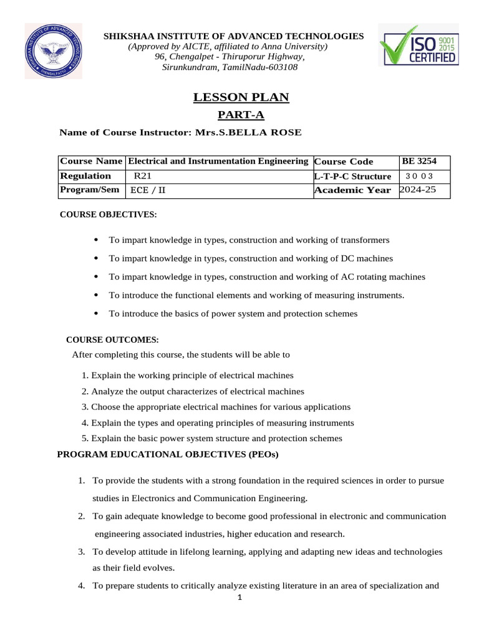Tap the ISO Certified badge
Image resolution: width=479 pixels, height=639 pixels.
point(419,49)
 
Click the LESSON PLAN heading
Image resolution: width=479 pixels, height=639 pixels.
point(241,97)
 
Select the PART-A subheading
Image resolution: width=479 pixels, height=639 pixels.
point(241,115)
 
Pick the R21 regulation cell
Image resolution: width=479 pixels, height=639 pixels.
point(143,176)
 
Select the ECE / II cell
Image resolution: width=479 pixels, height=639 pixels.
point(147,190)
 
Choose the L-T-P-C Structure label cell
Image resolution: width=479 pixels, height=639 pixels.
point(353,177)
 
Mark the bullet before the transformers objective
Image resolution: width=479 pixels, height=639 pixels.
point(95,240)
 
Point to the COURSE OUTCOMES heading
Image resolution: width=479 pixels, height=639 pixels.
point(113,340)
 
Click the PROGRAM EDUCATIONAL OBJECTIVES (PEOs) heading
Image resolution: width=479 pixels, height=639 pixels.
point(168,454)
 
